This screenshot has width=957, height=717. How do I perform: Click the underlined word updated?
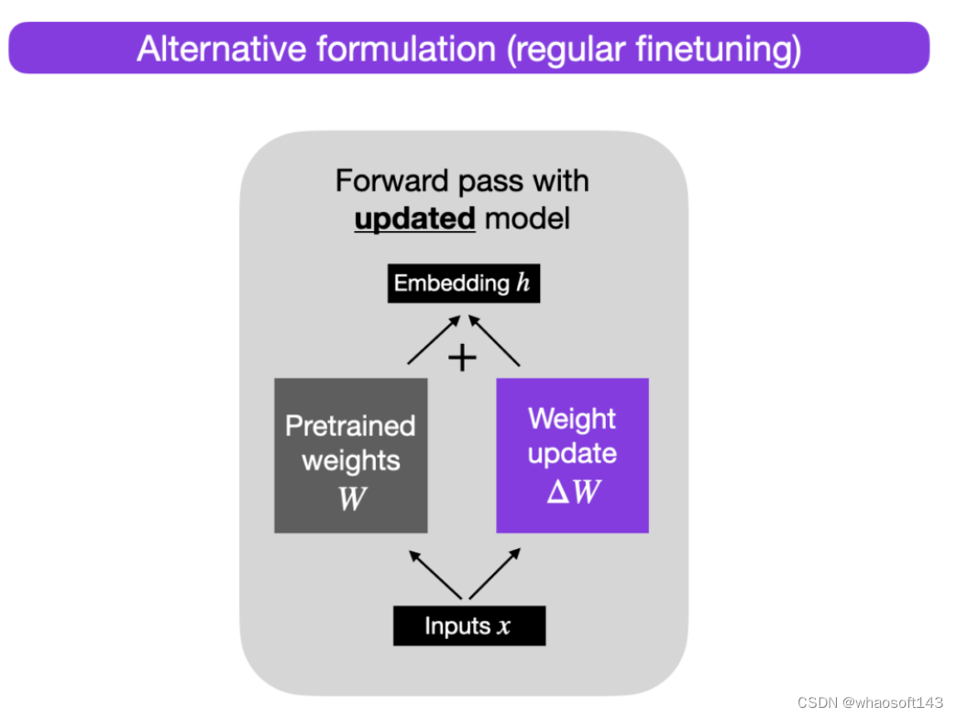(414, 219)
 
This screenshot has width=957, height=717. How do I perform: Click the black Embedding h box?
(463, 282)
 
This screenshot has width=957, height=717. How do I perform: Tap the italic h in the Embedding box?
(522, 282)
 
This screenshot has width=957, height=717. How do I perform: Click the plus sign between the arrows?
(463, 358)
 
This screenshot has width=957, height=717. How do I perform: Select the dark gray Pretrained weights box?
(350, 455)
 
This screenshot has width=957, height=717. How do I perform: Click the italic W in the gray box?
(351, 499)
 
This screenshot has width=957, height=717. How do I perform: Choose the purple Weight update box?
(572, 455)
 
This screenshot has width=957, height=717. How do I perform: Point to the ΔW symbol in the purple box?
(573, 492)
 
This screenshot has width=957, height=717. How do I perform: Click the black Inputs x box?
(468, 626)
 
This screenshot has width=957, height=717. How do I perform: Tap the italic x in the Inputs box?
(504, 627)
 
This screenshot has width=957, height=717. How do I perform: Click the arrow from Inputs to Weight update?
(496, 573)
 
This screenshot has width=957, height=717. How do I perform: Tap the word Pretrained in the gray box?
(350, 425)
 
